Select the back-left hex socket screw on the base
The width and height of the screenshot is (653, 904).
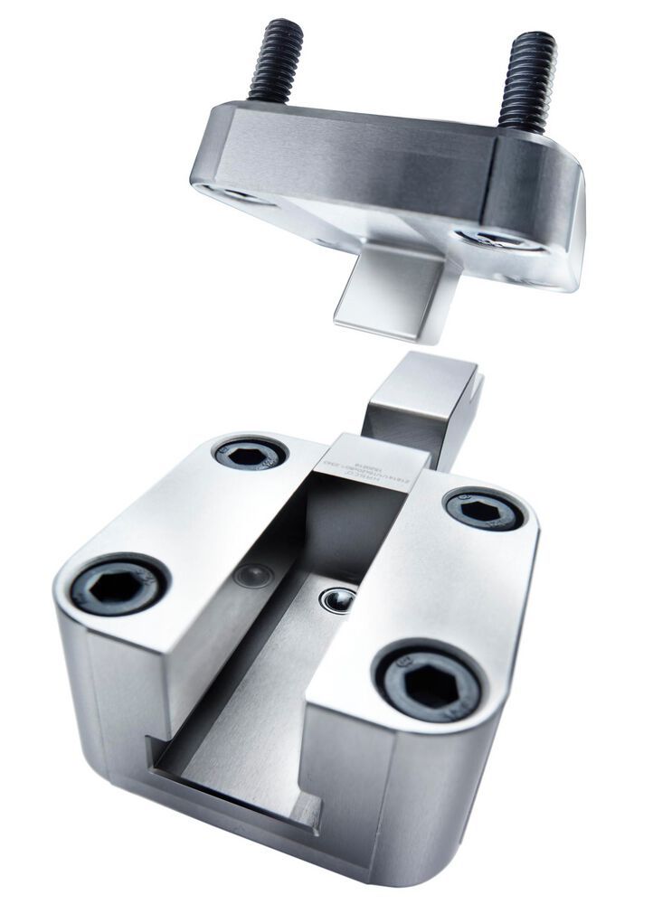[251, 451]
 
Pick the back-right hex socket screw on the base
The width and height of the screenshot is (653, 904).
[485, 510]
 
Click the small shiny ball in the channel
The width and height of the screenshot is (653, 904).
[340, 598]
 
